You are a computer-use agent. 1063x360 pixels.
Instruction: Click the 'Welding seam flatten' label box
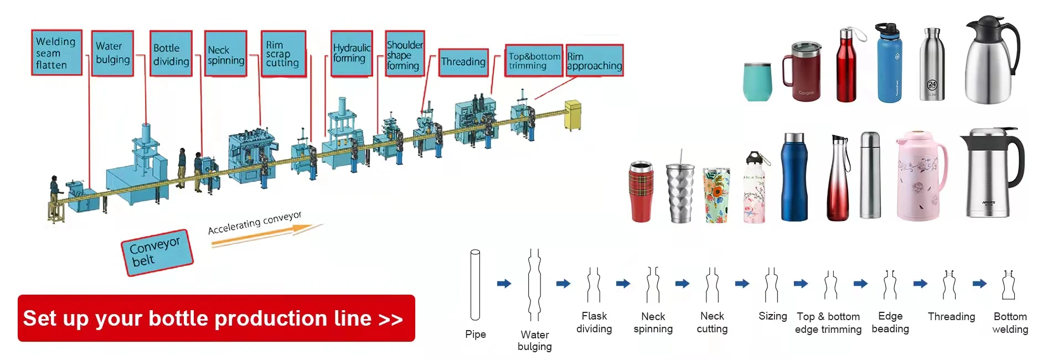click(56, 53)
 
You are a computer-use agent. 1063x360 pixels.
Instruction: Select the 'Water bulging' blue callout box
click(112, 53)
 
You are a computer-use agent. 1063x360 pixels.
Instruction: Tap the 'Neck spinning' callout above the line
click(225, 54)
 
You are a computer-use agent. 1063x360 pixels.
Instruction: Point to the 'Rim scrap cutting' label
click(283, 54)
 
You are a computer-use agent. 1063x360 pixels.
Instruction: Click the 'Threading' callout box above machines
click(463, 62)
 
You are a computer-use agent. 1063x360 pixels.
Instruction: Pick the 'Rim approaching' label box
click(594, 60)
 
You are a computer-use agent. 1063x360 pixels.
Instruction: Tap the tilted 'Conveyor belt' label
click(157, 252)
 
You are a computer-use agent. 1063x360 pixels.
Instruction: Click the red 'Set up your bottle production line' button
click(216, 318)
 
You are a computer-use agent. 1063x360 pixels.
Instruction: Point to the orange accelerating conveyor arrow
click(266, 236)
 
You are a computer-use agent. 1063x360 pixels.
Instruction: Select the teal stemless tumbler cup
click(757, 82)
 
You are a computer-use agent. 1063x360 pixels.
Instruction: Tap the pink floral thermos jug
click(920, 176)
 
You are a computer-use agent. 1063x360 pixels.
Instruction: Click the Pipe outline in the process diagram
click(475, 285)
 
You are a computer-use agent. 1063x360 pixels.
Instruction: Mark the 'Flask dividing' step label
click(594, 322)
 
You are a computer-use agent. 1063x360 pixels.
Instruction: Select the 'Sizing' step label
click(772, 316)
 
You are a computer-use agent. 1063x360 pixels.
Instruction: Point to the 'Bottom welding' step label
click(1010, 323)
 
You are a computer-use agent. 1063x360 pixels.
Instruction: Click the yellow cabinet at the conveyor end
click(572, 115)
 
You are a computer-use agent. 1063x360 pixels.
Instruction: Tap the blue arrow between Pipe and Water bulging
click(504, 284)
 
